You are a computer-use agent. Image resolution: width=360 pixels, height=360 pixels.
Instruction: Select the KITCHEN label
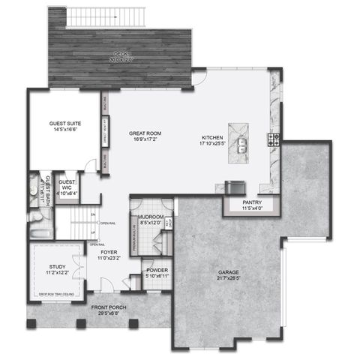[214, 137]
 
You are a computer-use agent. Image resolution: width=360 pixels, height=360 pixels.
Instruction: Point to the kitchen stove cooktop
[274, 139]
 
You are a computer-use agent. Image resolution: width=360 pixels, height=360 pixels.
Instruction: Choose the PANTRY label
[251, 202]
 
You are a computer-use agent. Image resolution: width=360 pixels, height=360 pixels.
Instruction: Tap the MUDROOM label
[146, 217]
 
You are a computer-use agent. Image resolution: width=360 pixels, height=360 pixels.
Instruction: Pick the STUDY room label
[58, 266]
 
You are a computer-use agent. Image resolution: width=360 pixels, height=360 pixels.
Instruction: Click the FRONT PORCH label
[109, 307]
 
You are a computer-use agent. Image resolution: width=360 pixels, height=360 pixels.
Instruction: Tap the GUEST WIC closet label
[67, 184]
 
